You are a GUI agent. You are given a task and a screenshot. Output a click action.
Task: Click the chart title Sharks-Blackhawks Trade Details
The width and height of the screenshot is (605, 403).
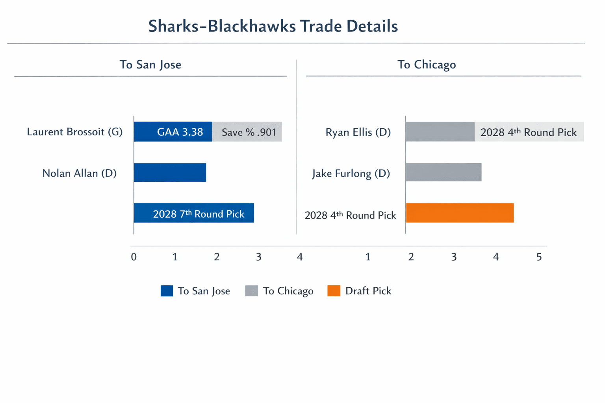pos(273,26)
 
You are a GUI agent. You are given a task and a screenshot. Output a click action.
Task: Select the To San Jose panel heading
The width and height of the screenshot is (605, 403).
pos(150,65)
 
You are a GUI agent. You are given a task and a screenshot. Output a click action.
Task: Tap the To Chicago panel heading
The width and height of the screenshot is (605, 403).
pos(427,65)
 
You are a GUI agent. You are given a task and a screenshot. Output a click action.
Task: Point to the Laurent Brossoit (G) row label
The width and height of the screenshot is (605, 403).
pos(75,132)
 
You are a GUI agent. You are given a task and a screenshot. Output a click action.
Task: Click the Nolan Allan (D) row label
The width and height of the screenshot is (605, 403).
pos(80,173)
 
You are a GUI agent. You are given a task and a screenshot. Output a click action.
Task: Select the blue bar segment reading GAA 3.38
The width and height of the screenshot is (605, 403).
pos(173,132)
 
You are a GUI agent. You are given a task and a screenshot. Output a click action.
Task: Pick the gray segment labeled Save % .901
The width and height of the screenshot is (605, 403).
pos(247,132)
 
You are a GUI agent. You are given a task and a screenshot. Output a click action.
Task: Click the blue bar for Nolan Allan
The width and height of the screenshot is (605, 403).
pos(170,172)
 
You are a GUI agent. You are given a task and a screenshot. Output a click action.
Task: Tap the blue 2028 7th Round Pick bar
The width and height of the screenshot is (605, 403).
pos(194,213)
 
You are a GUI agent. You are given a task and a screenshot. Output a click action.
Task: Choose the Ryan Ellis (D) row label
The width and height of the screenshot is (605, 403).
pos(358,132)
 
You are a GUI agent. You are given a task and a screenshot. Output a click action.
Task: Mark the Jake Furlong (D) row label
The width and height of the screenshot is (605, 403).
pos(351,174)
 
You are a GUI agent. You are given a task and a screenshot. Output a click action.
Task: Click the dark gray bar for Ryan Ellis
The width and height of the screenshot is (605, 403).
pos(440,132)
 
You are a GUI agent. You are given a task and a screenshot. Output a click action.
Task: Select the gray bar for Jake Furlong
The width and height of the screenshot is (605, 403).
pos(444,172)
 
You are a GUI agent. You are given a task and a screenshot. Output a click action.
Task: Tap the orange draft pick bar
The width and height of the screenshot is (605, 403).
pos(460,213)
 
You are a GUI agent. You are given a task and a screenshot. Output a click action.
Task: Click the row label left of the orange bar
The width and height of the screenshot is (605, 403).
pos(350,215)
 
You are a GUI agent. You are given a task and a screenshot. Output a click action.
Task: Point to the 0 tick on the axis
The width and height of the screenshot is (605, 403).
pos(134,257)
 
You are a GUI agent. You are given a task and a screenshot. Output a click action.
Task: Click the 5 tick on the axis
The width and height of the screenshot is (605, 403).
pos(539,257)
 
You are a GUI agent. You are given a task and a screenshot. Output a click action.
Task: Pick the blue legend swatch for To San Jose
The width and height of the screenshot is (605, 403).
pos(167,291)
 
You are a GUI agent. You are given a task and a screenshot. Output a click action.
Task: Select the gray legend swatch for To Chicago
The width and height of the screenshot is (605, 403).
pos(251,291)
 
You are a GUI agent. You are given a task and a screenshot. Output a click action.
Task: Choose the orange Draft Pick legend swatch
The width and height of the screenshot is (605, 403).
pos(334,291)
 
